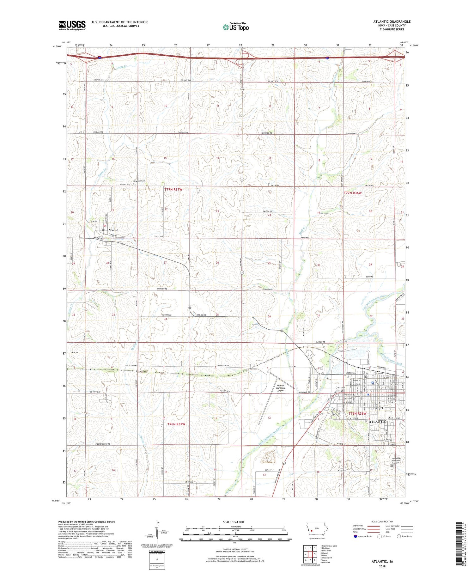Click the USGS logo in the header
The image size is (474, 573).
tap(72, 25)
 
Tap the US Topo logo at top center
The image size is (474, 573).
tap(235, 27)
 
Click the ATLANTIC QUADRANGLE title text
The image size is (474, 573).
tap(392, 21)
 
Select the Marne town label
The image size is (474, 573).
tap(113, 230)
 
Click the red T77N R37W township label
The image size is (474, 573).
tap(173, 189)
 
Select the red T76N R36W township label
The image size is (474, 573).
tap(357, 413)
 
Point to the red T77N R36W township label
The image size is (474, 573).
tap(353, 192)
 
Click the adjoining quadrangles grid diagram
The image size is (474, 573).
tap(311, 554)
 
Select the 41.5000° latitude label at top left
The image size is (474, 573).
tap(57, 46)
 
